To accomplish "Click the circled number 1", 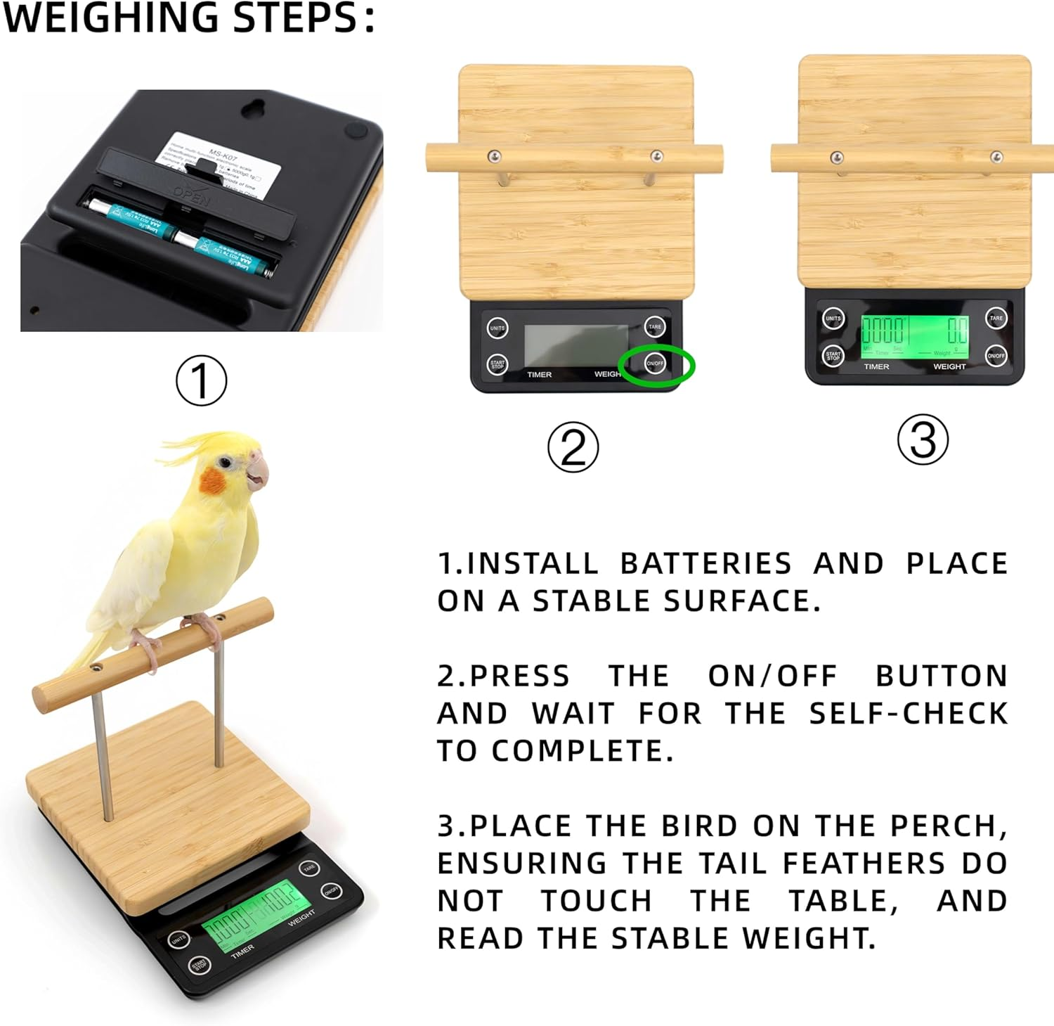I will (201, 380).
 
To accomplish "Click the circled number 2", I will (573, 447).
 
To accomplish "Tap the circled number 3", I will (923, 440).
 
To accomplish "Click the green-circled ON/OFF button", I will (655, 364).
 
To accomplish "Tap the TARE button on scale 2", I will (655, 326).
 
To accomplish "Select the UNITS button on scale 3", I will (833, 319).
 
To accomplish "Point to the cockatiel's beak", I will (258, 472).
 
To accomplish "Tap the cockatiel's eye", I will (225, 462).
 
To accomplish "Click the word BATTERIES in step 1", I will (705, 564).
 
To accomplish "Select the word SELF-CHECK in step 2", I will (908, 713).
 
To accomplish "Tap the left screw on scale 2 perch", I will (495, 155).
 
